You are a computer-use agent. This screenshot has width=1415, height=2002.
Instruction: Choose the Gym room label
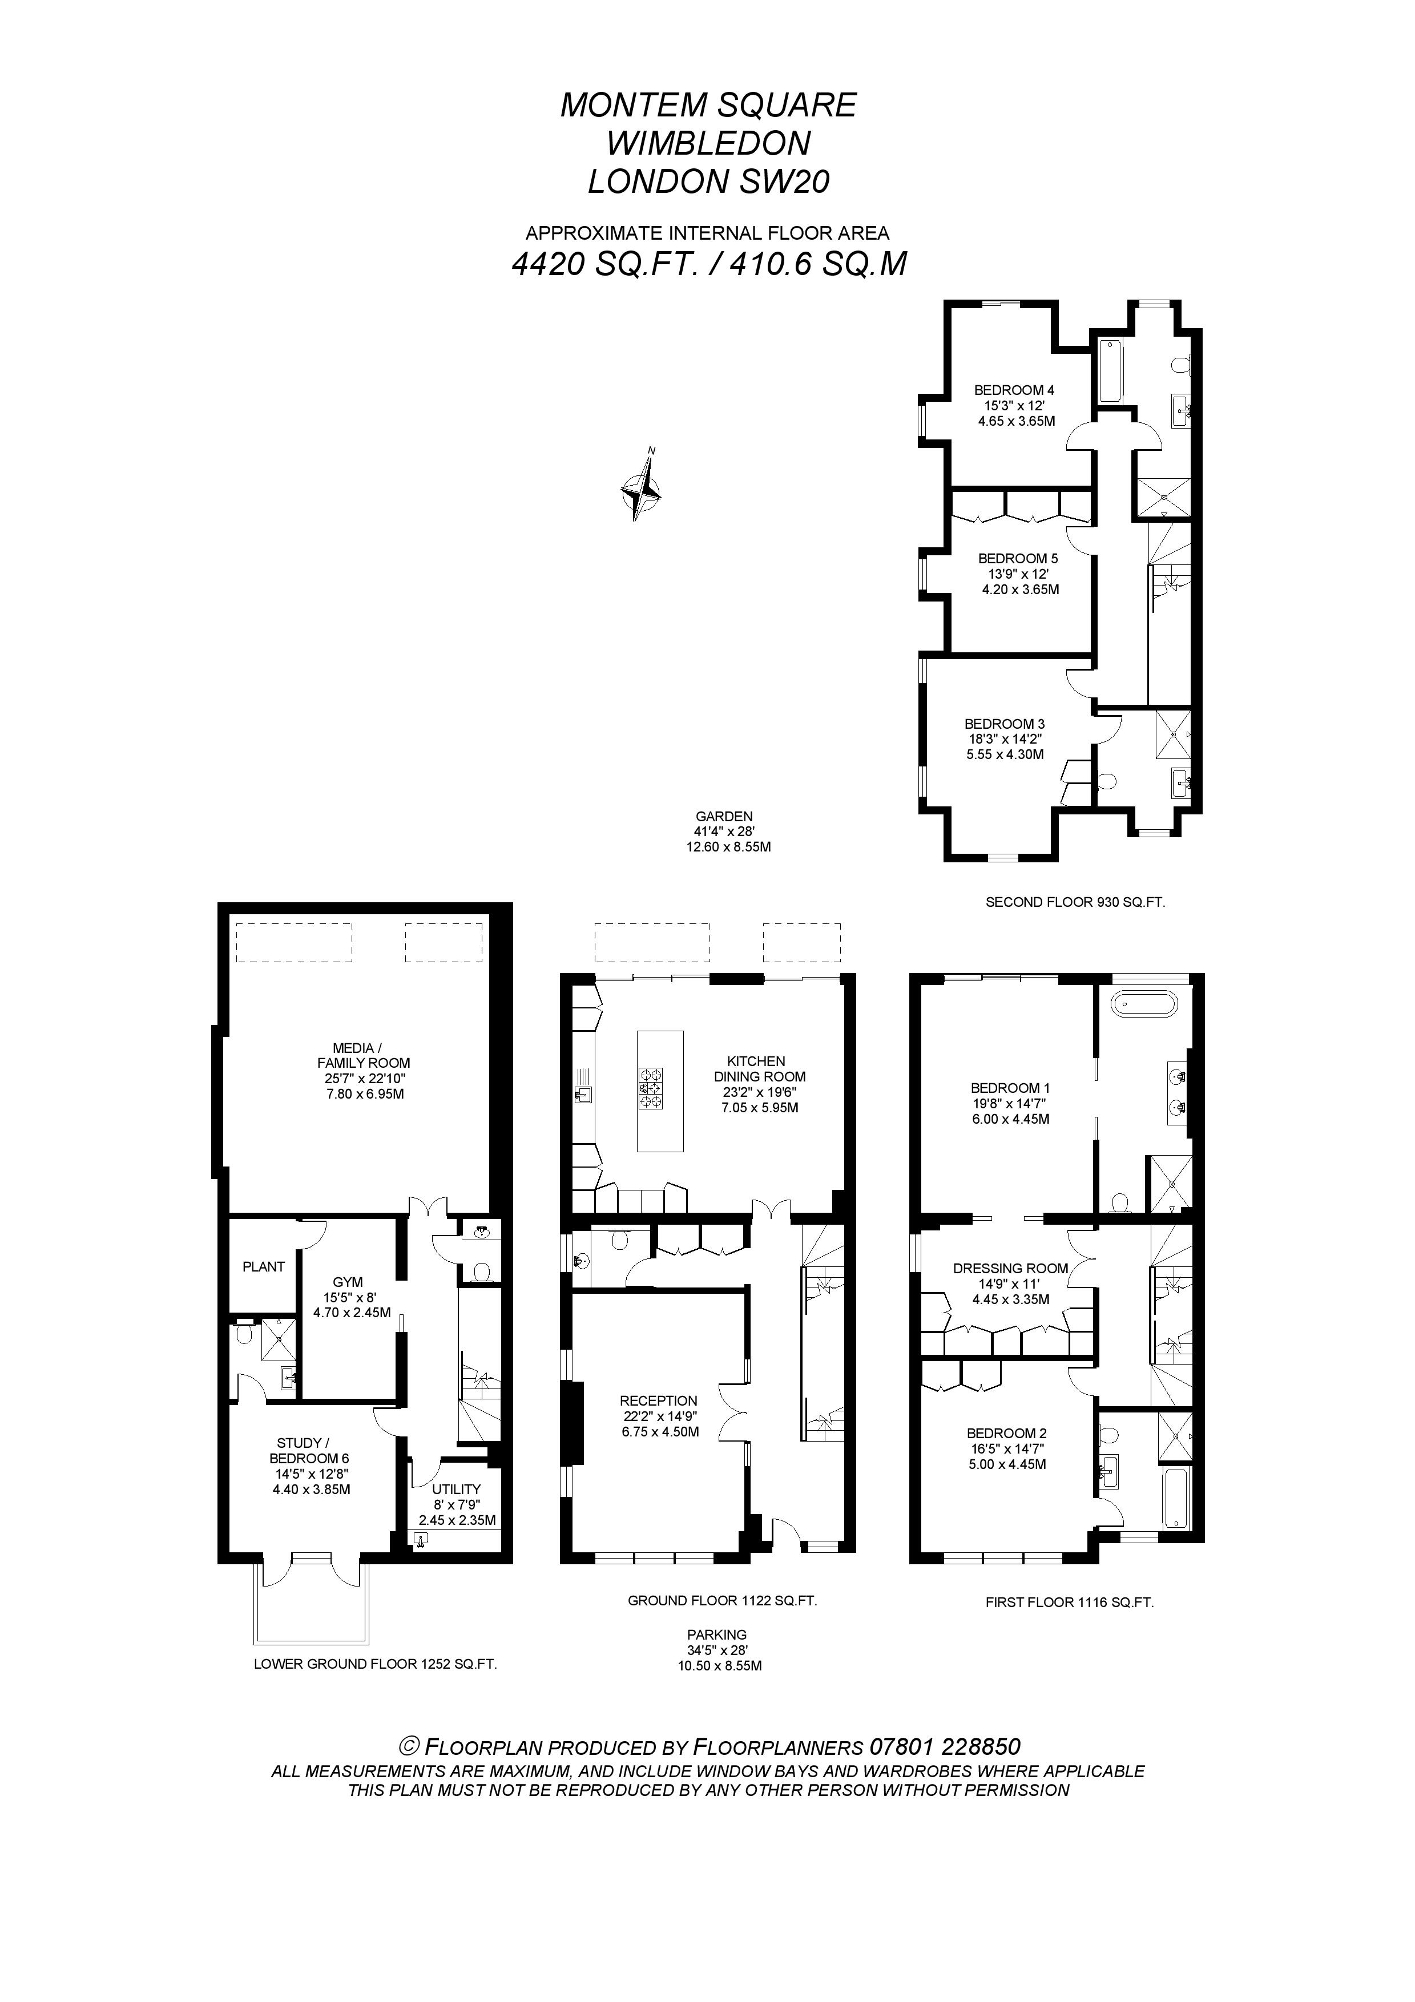348,1282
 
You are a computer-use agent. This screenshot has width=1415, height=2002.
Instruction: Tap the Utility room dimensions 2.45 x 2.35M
457,1520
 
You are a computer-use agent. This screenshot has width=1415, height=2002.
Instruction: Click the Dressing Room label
1010,1269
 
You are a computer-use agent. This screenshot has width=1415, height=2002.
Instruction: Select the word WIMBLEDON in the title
709,143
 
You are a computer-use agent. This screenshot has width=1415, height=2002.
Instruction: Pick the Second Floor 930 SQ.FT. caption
1075,902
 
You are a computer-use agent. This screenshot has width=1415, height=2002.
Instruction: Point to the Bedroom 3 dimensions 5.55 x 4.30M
1005,754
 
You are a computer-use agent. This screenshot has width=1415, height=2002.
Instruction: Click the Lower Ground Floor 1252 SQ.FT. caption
375,1664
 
